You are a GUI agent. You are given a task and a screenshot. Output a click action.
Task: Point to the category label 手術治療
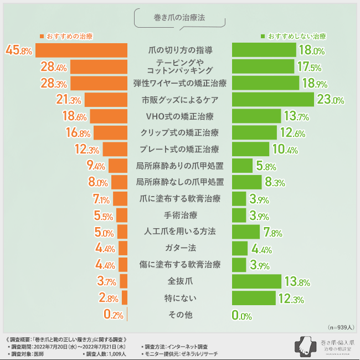[180, 215]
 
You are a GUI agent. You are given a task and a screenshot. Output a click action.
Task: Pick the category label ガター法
[180, 248]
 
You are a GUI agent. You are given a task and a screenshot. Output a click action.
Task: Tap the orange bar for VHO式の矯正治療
[109, 116]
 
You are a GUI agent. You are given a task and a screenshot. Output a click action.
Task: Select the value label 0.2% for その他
[113, 315]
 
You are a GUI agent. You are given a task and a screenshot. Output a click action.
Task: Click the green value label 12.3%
[291, 299]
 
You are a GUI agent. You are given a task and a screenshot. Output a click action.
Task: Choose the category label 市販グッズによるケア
[180, 100]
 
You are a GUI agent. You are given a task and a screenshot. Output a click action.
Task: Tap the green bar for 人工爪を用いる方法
[245, 232]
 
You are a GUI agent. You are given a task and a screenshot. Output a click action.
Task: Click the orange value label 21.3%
[69, 100]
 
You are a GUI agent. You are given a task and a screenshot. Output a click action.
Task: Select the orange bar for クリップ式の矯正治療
[111, 133]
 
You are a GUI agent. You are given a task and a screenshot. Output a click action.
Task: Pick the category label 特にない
[180, 298]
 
